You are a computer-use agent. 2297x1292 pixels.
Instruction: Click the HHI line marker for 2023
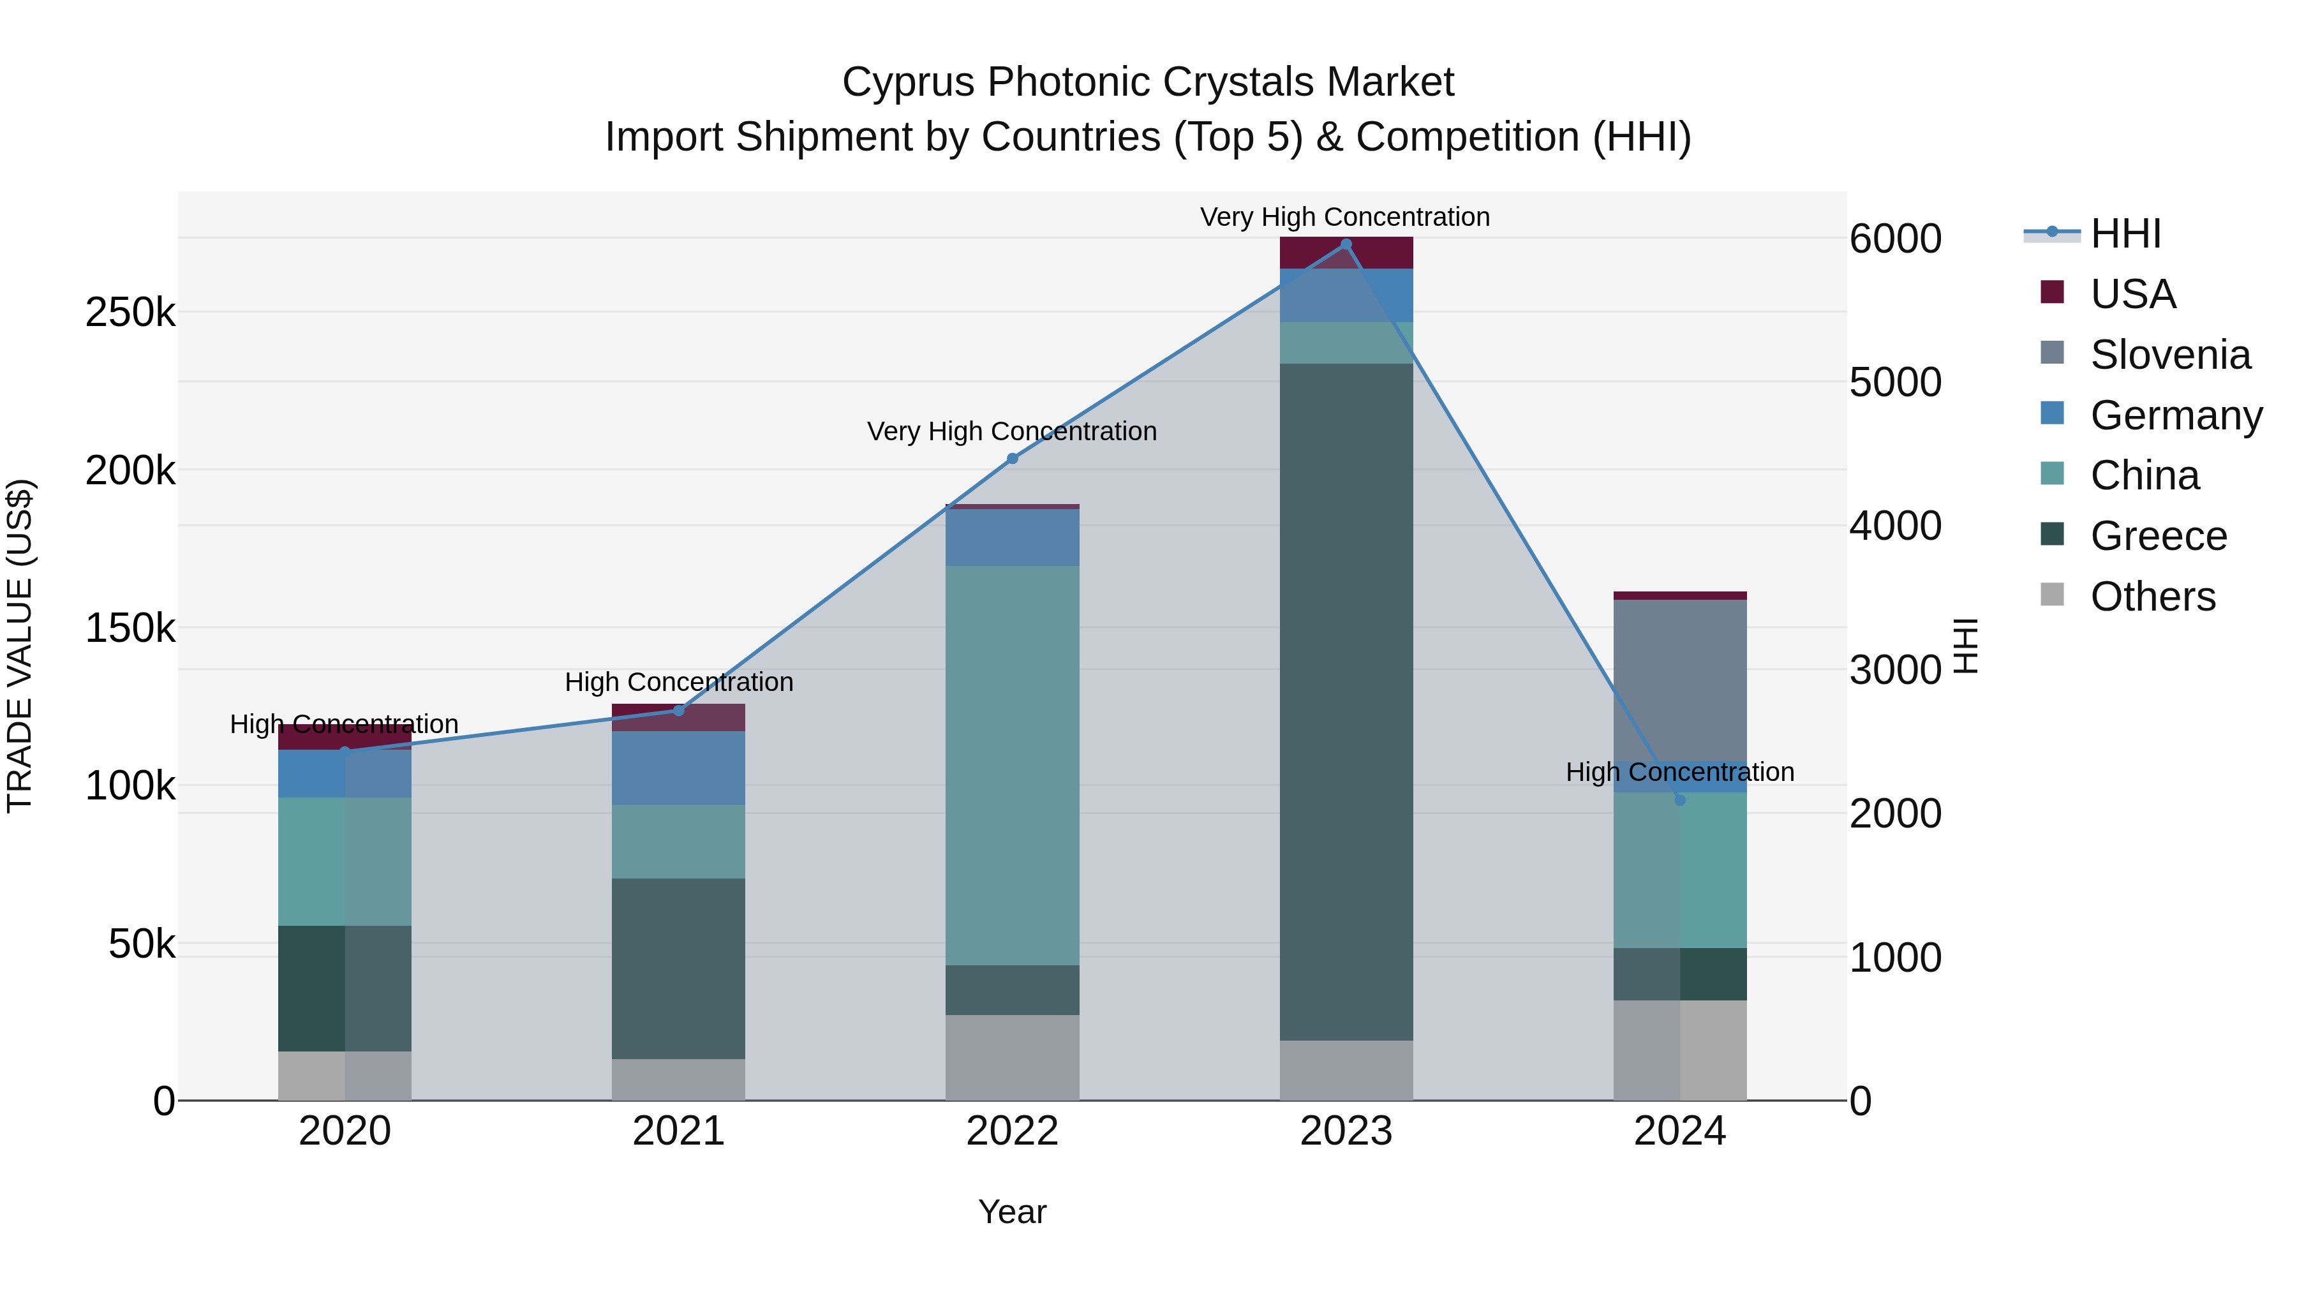[x=1346, y=244]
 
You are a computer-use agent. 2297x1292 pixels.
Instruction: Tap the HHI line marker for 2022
[x=1012, y=458]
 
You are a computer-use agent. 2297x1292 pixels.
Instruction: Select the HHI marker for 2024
[x=1680, y=800]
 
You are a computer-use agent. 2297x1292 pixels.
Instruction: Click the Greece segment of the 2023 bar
[x=1346, y=702]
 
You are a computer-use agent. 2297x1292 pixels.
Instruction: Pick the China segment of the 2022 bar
[x=1012, y=765]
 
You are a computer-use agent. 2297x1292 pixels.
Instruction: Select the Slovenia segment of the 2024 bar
[x=1680, y=679]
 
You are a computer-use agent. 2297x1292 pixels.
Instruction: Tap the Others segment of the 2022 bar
[x=1012, y=1057]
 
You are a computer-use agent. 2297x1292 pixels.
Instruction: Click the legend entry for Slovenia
[x=2169, y=355]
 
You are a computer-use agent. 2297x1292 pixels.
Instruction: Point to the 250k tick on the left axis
[x=130, y=313]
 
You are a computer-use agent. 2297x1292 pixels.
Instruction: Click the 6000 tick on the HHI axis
[x=1895, y=239]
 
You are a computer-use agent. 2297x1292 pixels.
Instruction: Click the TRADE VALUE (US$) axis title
[x=20, y=646]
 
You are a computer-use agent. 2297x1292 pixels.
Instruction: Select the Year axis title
[x=1012, y=1212]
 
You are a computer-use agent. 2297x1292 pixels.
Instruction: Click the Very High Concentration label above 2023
[x=1344, y=217]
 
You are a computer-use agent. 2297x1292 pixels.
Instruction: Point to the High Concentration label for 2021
[x=679, y=682]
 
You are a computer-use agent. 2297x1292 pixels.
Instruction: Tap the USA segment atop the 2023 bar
[x=1346, y=253]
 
